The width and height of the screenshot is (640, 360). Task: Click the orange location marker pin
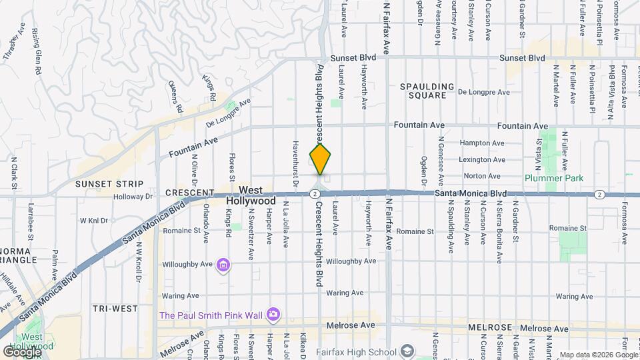pos(321,159)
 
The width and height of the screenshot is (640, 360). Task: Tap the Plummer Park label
pos(554,178)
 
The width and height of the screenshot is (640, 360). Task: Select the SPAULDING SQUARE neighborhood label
pos(427,91)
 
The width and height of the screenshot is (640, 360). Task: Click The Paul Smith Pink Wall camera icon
pos(273,314)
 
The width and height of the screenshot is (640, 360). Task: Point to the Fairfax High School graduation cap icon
pos(407,351)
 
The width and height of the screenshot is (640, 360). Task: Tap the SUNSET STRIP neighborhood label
pos(109,184)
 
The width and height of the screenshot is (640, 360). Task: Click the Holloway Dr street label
pos(133,197)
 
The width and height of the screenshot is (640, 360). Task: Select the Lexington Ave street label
pos(483,160)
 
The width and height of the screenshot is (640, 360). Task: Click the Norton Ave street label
pos(482,176)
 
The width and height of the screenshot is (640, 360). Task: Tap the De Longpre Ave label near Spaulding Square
pos(484,93)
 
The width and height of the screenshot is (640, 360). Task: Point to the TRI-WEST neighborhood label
pos(115,309)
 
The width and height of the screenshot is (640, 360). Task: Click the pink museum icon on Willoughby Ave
pos(223,266)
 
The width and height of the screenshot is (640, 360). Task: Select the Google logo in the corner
pos(21,351)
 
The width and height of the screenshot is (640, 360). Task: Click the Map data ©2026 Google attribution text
pos(598,355)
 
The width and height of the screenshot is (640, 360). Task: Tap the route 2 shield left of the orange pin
pos(313,193)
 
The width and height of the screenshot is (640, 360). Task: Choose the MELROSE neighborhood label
pos(489,328)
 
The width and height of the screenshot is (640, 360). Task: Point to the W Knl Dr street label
pos(94,220)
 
